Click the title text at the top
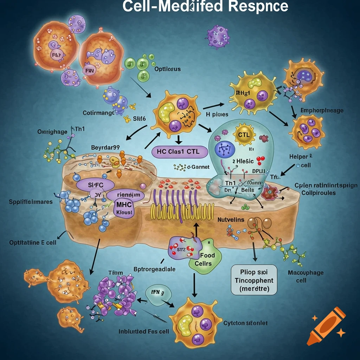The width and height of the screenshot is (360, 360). tap(205, 7)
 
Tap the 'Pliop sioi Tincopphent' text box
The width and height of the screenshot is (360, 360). tap(254, 279)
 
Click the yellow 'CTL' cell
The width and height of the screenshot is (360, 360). tap(243, 135)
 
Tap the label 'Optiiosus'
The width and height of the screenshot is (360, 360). tap(167, 69)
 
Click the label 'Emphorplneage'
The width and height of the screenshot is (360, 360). tap(322, 110)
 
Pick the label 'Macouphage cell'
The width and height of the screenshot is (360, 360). tap(301, 276)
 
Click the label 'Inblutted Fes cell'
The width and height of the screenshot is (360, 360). tap(144, 331)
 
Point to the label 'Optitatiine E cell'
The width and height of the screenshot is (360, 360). tap(33, 243)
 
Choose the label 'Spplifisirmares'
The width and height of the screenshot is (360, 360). tap(31, 202)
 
